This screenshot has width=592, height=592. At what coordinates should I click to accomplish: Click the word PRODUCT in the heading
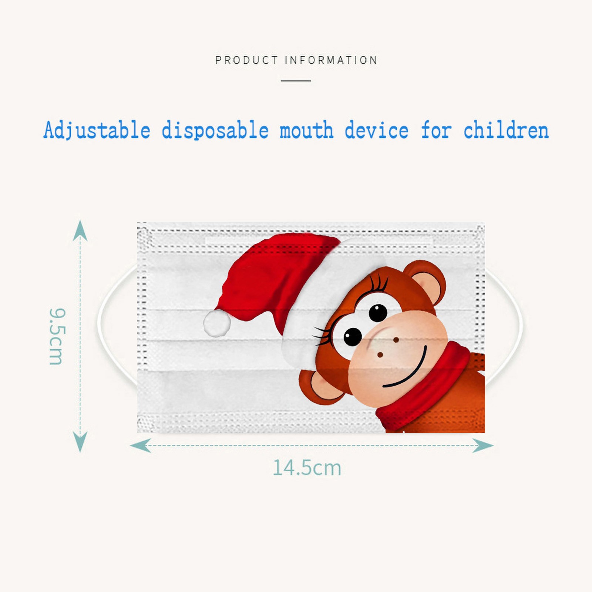pos(246,60)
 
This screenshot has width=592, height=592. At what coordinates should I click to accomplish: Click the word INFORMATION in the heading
pos(331,60)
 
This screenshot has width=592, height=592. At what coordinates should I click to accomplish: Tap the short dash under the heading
pos(296,80)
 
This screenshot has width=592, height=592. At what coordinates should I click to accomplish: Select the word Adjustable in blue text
pos(97,130)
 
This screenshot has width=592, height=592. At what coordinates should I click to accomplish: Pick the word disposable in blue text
pos(215,130)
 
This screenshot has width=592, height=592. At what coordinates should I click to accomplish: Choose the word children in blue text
pos(506,130)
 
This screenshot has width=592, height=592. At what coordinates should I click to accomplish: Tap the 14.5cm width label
pos(307,468)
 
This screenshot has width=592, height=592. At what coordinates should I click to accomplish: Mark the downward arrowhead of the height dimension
pos(80,442)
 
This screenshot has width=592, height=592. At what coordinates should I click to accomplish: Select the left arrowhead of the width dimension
pos(140,445)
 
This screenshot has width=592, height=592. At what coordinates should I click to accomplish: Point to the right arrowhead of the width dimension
pos(483,445)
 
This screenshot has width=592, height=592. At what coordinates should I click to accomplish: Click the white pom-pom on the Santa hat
pos(217,323)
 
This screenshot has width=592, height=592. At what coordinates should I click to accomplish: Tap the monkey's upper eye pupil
pos(378,313)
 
